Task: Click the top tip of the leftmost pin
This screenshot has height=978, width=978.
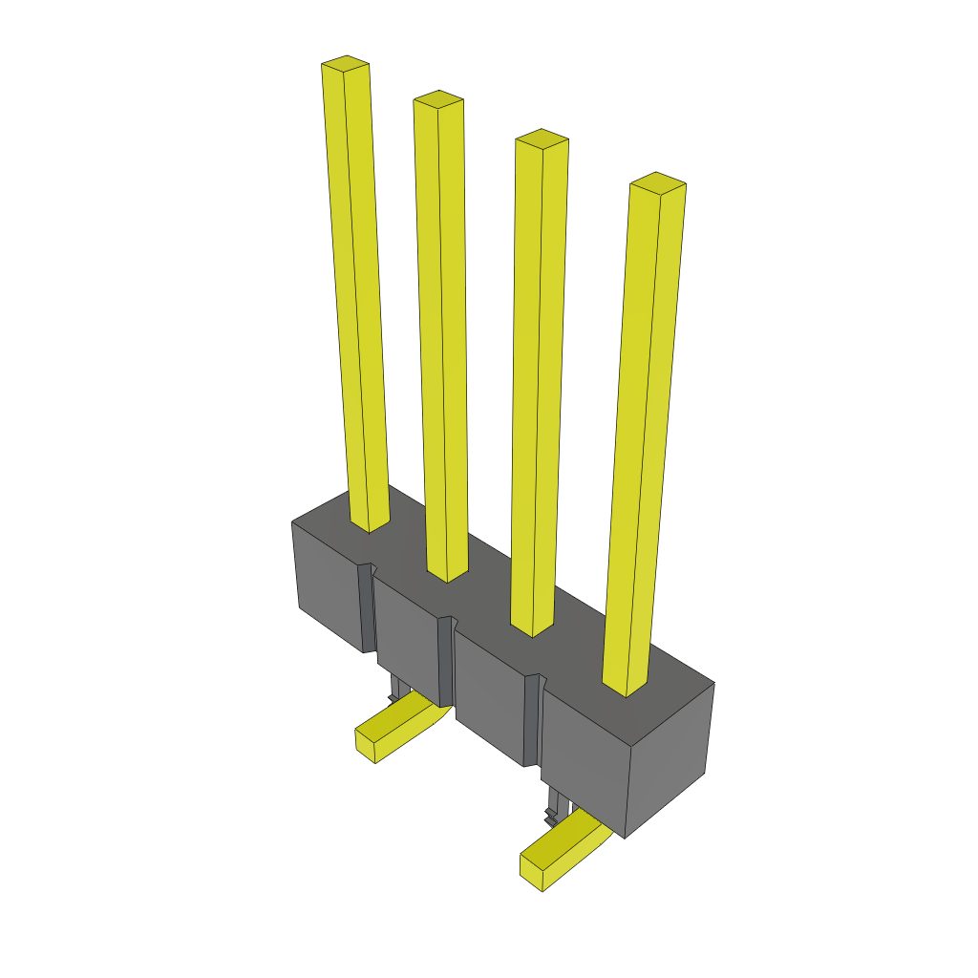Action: tap(346, 64)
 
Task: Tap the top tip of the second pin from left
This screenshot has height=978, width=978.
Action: tap(438, 98)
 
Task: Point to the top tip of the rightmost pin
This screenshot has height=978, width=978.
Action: tap(658, 181)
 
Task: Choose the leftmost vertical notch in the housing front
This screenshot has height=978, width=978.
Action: tap(366, 607)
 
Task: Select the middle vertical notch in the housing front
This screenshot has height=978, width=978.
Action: tap(444, 659)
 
